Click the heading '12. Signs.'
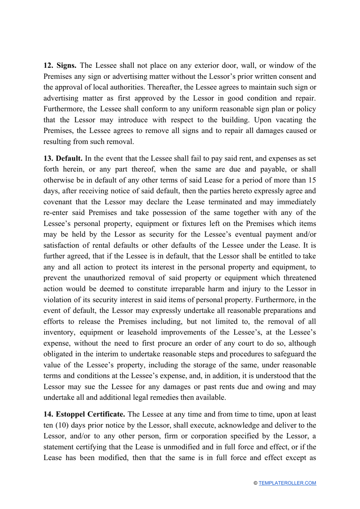[x=60, y=66]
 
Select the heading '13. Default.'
[x=63, y=158]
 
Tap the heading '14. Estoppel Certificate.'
[x=84, y=414]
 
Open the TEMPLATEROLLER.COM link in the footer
[x=287, y=483]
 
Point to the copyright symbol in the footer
[x=255, y=483]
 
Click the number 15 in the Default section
[x=312, y=180]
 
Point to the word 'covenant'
[x=58, y=202]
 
